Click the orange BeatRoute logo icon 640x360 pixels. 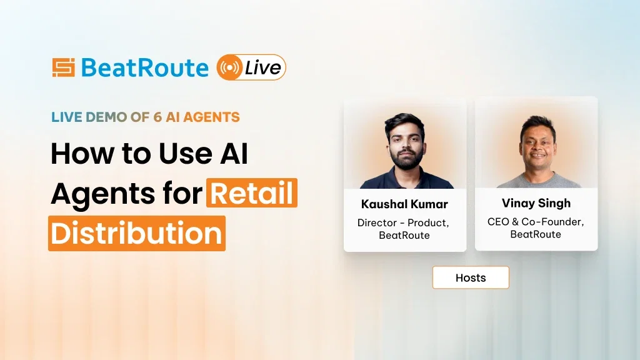pyautogui.click(x=63, y=67)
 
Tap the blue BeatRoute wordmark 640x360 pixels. pyautogui.click(x=144, y=67)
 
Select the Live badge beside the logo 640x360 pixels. pyautogui.click(x=251, y=67)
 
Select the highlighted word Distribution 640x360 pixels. pyautogui.click(x=136, y=232)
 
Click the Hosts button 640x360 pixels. pyautogui.click(x=471, y=277)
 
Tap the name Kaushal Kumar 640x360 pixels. pyautogui.click(x=404, y=204)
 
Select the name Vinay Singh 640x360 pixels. pyautogui.click(x=536, y=203)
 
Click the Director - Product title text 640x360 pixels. pyautogui.click(x=403, y=222)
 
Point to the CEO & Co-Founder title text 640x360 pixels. pyautogui.click(x=536, y=221)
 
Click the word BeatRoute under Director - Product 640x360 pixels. pyautogui.click(x=404, y=236)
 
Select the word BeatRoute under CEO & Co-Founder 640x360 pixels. pyautogui.click(x=536, y=234)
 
